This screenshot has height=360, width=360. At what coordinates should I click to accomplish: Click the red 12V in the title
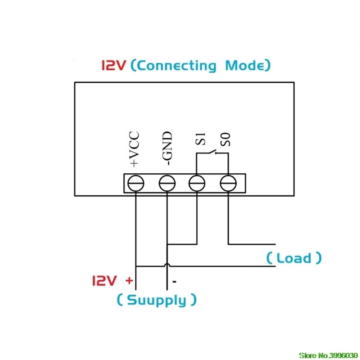[114, 65]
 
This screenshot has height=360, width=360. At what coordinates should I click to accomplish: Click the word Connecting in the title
[177, 66]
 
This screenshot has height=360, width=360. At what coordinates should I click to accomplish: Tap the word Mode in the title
[245, 65]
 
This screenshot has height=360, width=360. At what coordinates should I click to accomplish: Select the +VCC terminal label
[134, 149]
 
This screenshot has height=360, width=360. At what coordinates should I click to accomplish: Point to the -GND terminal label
[167, 148]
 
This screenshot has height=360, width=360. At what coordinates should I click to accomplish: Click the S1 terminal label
[200, 139]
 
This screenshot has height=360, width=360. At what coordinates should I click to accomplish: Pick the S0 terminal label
[225, 139]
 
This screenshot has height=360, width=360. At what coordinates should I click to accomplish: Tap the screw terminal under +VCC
[136, 183]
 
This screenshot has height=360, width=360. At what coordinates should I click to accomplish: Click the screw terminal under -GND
[167, 183]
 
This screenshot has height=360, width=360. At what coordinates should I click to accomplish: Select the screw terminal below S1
[197, 183]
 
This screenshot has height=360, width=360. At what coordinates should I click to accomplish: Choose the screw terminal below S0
[228, 183]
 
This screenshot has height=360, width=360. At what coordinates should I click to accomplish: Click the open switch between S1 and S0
[212, 152]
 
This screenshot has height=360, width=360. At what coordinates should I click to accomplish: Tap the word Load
[294, 258]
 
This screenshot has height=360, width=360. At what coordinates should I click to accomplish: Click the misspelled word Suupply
[157, 300]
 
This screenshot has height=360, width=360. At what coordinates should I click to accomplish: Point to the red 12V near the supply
[104, 280]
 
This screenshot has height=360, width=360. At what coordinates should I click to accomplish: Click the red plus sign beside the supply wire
[129, 280]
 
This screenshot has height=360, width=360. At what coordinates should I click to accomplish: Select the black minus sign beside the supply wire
[175, 282]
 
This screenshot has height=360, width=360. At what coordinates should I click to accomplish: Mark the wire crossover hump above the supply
[167, 265]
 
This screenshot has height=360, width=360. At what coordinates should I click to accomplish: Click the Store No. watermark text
[328, 355]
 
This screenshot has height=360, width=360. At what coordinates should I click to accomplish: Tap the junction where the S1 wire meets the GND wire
[167, 244]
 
